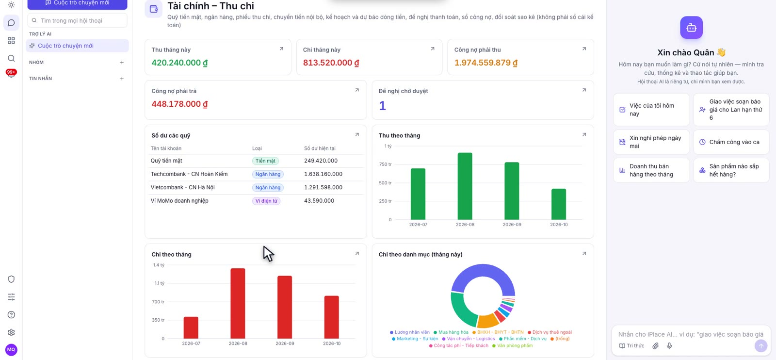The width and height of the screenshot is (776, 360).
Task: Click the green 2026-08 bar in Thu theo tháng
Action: pyautogui.click(x=465, y=186)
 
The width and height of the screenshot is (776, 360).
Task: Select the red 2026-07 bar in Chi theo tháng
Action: pyautogui.click(x=191, y=327)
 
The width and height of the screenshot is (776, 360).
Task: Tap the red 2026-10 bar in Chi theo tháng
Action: pyautogui.click(x=332, y=317)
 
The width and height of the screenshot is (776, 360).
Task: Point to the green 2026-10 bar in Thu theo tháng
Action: pyautogui.click(x=558, y=204)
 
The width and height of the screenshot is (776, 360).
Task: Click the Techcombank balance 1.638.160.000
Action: pyautogui.click(x=323, y=174)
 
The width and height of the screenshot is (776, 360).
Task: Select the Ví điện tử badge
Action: pyautogui.click(x=266, y=201)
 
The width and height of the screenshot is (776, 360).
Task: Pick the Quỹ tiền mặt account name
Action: pyautogui.click(x=166, y=161)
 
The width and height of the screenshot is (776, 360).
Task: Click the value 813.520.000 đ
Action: pyautogui.click(x=331, y=63)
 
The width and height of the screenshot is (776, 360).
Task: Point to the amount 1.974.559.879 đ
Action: pyautogui.click(x=485, y=63)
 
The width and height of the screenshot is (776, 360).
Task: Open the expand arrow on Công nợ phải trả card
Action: pyautogui.click(x=357, y=90)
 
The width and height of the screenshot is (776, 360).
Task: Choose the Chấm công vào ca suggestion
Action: pyautogui.click(x=731, y=142)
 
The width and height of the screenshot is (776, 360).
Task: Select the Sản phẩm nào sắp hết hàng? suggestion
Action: pyautogui.click(x=731, y=170)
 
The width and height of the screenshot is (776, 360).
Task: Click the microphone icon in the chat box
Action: pyautogui.click(x=669, y=346)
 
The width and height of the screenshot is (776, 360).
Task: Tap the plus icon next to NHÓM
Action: pyautogui.click(x=122, y=63)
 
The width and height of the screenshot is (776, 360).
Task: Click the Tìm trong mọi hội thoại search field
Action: pyautogui.click(x=77, y=20)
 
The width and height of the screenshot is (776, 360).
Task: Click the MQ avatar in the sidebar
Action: pyautogui.click(x=11, y=350)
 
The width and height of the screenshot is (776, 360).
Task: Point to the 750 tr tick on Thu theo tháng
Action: pyautogui.click(x=385, y=164)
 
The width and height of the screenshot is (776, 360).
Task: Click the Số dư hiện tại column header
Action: pyautogui.click(x=320, y=148)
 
